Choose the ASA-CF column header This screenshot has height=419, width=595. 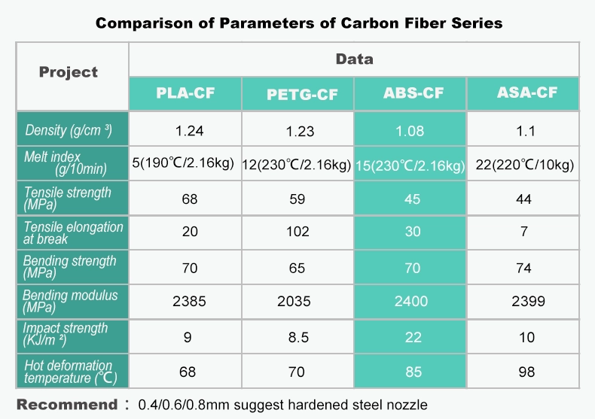click(526, 93)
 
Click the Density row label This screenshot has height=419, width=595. click(69, 131)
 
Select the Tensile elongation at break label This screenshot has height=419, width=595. click(72, 232)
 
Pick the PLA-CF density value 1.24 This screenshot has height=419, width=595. click(189, 131)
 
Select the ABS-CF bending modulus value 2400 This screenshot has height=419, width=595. click(410, 301)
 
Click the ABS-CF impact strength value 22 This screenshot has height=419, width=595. click(413, 336)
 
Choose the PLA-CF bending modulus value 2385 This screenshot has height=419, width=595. click(189, 301)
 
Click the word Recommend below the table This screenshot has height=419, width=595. click(67, 404)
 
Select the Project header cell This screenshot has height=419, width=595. click(69, 73)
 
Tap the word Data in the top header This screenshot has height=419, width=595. click(354, 59)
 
